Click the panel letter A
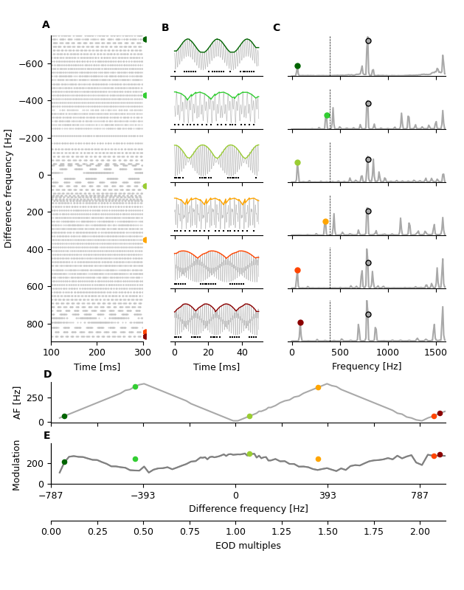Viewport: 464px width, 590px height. tap(46, 25)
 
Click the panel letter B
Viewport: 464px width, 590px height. tap(165, 28)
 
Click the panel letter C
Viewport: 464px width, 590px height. tap(277, 28)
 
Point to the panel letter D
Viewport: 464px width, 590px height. tap(47, 375)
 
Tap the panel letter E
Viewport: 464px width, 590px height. tap(47, 435)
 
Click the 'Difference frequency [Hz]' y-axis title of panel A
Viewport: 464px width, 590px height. tap(9, 188)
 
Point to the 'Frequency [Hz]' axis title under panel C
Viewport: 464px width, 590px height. tap(367, 367)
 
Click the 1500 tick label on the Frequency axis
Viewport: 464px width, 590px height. tap(435, 353)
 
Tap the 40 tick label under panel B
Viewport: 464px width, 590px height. tap(242, 353)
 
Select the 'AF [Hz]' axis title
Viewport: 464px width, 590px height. tap(18, 403)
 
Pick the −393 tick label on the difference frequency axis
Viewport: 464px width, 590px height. tap(143, 496)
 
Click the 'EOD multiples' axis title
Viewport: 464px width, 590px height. tap(248, 546)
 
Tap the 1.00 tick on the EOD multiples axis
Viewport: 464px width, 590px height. tap(235, 532)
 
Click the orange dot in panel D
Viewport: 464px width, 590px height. tap(318, 387)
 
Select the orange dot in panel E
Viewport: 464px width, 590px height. tap(318, 459)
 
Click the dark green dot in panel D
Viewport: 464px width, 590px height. tap(64, 416)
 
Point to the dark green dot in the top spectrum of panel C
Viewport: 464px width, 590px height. tap(297, 66)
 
